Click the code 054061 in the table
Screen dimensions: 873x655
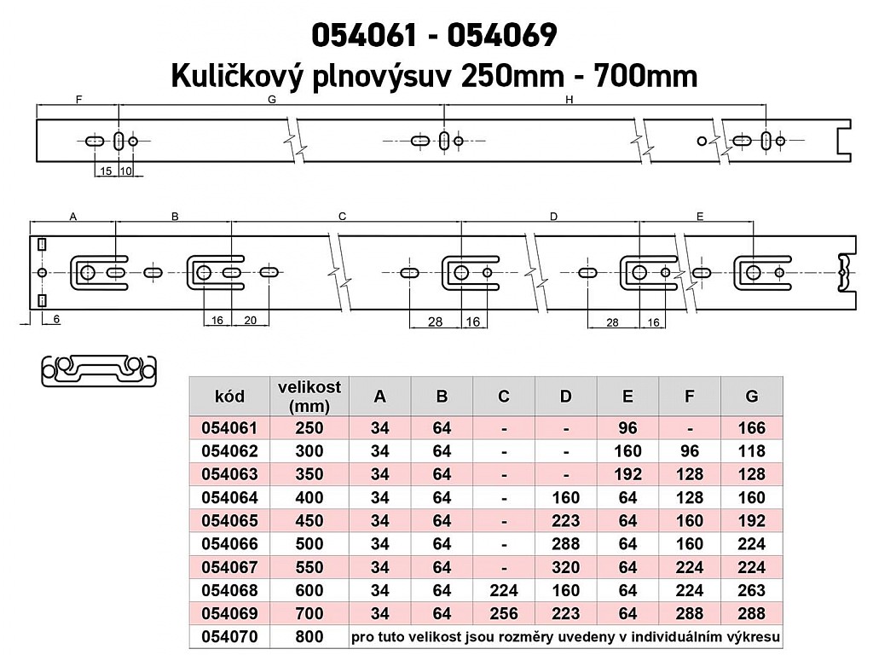coord(229,428)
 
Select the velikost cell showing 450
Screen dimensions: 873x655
coord(309,521)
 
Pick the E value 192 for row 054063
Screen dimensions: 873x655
coord(627,474)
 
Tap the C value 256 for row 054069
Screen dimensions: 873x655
coord(503,613)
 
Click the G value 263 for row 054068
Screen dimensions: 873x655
coord(751,590)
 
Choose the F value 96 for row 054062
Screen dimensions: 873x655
coord(689,451)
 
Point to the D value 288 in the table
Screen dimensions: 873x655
coord(566,543)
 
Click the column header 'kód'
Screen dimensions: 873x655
coord(229,396)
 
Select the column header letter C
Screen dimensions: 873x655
coord(503,396)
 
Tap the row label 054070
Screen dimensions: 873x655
coord(229,636)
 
